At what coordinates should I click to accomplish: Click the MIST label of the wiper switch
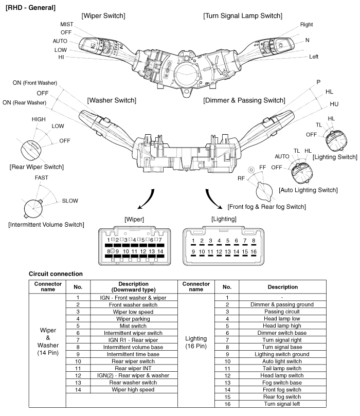pos(66,24)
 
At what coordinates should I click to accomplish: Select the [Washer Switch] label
pos(112,100)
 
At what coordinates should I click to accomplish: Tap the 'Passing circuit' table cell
pos(282,312)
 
